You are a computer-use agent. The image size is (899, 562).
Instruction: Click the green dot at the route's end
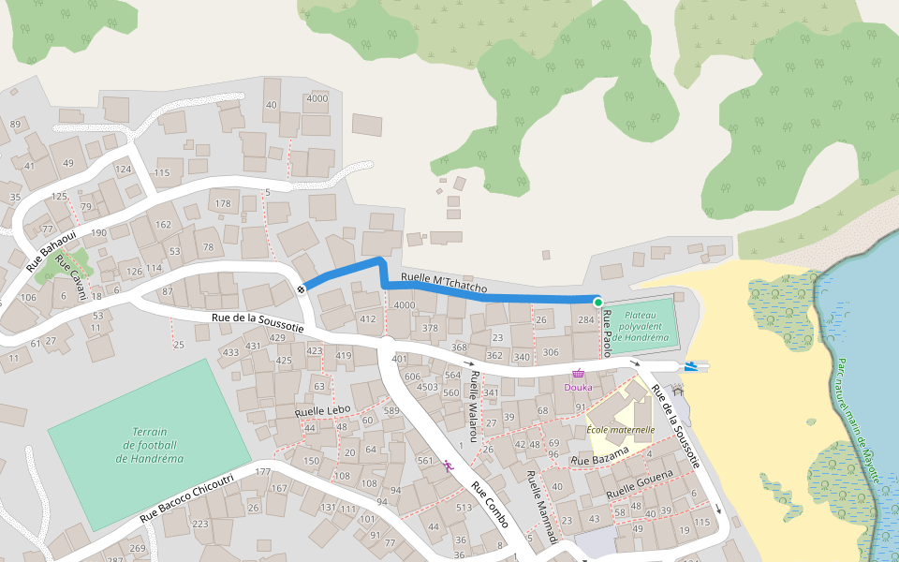pyautogui.click(x=597, y=302)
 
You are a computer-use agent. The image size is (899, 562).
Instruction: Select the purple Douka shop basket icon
pyautogui.click(x=578, y=374)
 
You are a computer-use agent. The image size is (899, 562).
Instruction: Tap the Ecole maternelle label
pyautogui.click(x=620, y=430)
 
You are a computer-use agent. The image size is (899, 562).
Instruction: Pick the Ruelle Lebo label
pyautogui.click(x=321, y=411)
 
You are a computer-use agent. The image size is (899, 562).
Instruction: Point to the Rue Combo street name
pyautogui.click(x=489, y=504)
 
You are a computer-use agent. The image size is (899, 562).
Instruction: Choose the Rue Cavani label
pyautogui.click(x=71, y=277)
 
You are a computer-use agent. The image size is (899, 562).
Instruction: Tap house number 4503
pyautogui.click(x=427, y=386)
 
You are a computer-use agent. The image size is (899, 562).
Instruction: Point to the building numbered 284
pyautogui.click(x=586, y=320)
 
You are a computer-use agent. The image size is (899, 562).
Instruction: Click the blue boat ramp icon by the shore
pyautogui.click(x=690, y=366)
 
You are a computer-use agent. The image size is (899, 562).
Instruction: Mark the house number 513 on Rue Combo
pyautogui.click(x=464, y=507)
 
